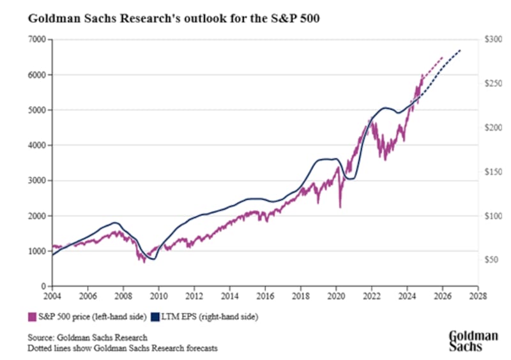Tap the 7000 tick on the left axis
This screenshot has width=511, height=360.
click(x=39, y=40)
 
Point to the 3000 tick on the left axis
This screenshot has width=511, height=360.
click(x=39, y=181)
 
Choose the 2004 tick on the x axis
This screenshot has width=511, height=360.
click(x=52, y=297)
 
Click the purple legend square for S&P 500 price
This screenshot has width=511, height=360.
click(x=31, y=316)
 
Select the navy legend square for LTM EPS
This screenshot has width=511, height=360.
click(x=155, y=316)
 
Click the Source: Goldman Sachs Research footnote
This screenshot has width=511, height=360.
click(x=88, y=337)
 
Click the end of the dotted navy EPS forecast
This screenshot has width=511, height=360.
click(x=461, y=50)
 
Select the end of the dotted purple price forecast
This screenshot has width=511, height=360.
click(x=443, y=57)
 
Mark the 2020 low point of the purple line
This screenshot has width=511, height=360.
click(x=340, y=206)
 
